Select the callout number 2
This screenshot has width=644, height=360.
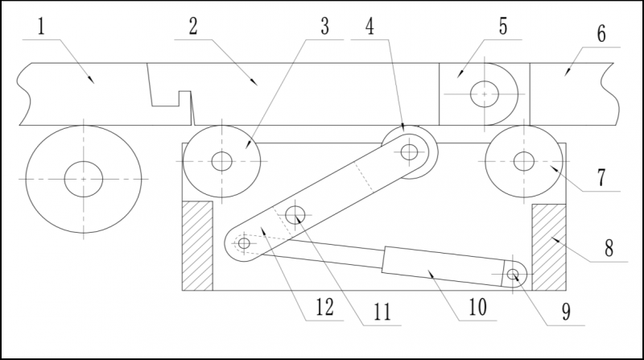point(192,27)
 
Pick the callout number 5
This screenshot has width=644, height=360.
point(502,27)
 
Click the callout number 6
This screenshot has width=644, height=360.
point(601,36)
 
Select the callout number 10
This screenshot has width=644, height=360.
point(474,308)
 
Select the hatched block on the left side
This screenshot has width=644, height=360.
point(197,246)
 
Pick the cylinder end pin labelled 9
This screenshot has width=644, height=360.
point(516,275)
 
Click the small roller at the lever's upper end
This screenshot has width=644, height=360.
point(410,151)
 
